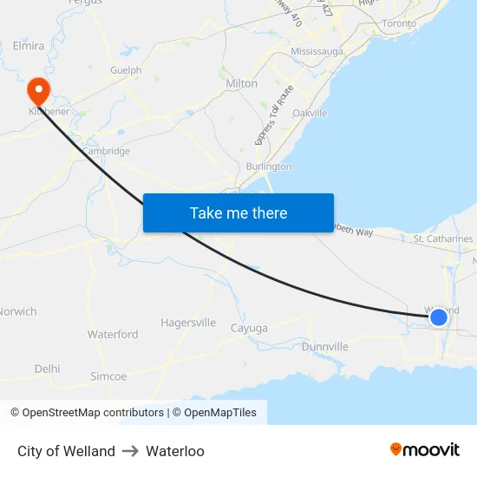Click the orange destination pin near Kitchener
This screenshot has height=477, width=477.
[x=39, y=89]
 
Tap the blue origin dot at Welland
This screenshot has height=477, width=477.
[x=439, y=317]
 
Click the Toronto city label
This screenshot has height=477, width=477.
[x=399, y=23]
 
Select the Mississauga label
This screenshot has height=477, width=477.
[x=317, y=51]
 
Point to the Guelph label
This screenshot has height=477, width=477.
[x=126, y=70]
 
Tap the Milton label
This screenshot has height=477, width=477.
[x=241, y=83]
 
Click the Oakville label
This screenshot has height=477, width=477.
[x=310, y=113]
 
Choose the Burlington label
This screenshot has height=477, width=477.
[x=269, y=166]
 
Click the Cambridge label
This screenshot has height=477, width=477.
[x=106, y=151]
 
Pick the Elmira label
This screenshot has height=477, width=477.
[x=29, y=45]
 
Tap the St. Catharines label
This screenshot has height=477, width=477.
[x=442, y=238]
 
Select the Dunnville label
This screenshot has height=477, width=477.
[x=325, y=347]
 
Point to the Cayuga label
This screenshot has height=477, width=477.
[x=249, y=328]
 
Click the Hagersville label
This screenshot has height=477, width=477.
[x=188, y=323]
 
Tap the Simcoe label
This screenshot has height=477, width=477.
[x=108, y=376]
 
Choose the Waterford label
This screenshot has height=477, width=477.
[x=113, y=334]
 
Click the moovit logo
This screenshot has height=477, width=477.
[x=425, y=449]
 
